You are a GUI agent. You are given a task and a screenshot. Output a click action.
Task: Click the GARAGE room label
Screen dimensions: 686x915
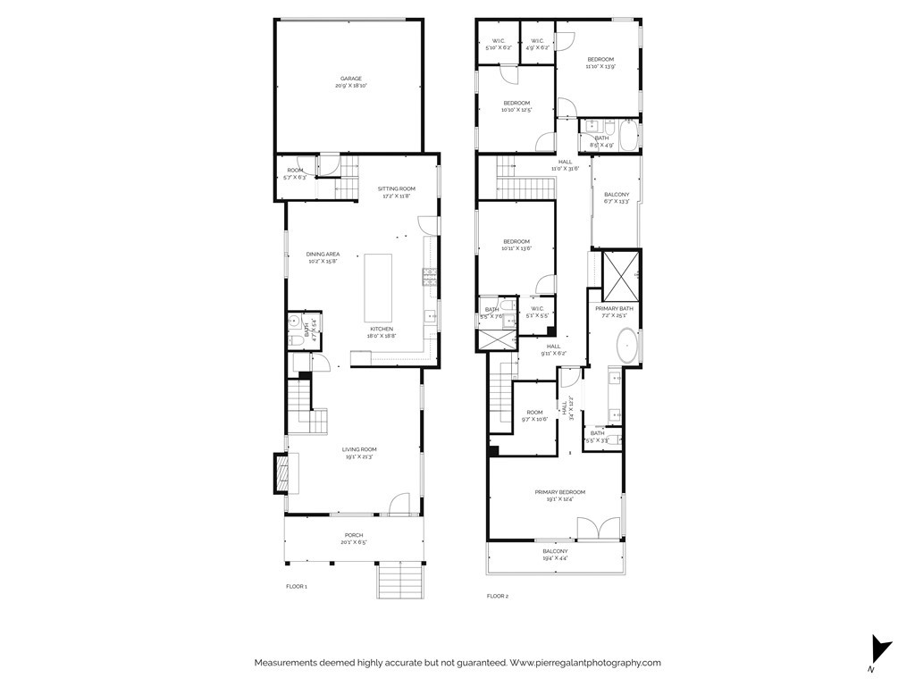coord(348,82)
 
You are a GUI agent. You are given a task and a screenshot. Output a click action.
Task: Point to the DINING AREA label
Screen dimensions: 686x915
coord(323,257)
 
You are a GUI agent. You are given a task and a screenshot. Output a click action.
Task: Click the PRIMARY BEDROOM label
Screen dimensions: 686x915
coord(559,496)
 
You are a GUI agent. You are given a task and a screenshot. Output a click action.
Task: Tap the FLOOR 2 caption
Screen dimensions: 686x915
coord(497,596)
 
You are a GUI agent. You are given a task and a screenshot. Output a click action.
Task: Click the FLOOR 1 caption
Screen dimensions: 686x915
coord(296,587)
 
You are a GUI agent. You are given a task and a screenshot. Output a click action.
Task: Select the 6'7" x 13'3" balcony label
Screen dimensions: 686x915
coord(617,198)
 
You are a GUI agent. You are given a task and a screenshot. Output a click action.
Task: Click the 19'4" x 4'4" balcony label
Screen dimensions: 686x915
coord(555,555)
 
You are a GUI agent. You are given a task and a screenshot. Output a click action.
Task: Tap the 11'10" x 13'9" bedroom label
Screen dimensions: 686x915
coord(600,63)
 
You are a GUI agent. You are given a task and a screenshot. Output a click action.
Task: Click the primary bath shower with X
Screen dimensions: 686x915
coord(620,277)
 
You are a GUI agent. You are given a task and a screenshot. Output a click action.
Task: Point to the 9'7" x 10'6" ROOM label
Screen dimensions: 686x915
coord(534,415)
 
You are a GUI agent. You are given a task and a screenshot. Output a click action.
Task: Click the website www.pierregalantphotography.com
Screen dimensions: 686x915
coord(585,663)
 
